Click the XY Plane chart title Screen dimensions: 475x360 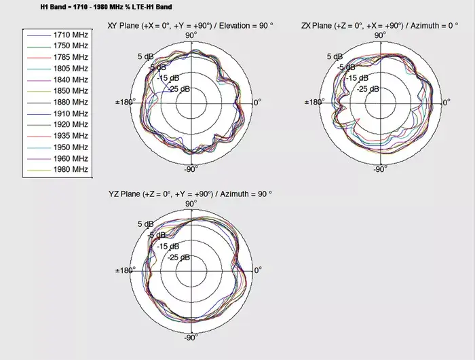190,26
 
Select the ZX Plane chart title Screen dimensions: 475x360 380,26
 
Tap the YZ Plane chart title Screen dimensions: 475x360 190,194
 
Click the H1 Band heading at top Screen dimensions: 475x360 106,7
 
